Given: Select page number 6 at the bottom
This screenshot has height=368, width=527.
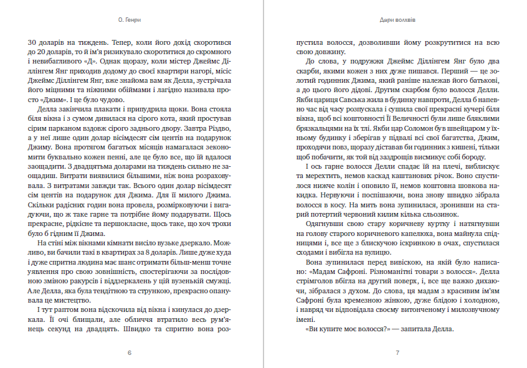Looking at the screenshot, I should pyautogui.click(x=129, y=352).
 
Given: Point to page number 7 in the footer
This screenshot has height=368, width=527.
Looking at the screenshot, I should pyautogui.click(x=397, y=352).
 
